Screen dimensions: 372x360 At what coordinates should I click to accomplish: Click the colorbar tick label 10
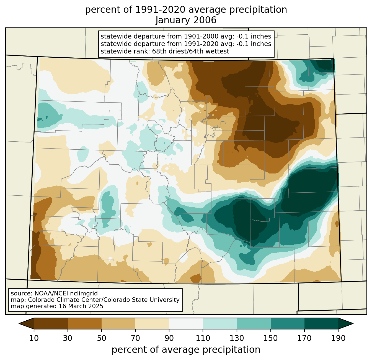point(34,338)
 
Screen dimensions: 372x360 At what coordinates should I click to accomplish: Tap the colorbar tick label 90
point(169,338)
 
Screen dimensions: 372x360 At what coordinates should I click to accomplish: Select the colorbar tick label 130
point(237,338)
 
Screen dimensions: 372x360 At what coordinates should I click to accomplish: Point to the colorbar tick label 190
point(338,338)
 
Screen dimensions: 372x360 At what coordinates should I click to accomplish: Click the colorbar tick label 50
point(102,338)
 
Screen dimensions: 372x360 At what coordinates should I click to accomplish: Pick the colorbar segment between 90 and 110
point(186,323)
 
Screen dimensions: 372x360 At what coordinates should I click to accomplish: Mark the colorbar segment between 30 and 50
point(84,323)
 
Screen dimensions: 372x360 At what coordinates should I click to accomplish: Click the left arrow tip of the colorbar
point(19,323)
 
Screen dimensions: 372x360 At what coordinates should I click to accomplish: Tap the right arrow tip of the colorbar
point(353,323)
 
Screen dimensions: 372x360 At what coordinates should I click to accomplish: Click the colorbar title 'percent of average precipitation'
point(186,350)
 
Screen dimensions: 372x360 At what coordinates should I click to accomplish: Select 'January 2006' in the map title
point(186,20)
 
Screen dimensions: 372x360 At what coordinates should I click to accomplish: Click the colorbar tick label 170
point(304,338)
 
